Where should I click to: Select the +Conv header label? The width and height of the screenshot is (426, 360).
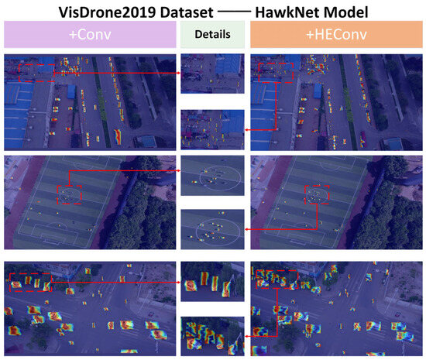tap(91, 36)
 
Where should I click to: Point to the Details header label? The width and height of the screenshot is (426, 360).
tap(212, 36)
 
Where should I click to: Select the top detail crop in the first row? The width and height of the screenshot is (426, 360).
tap(212, 74)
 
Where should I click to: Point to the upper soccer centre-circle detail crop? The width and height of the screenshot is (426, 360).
tap(212, 177)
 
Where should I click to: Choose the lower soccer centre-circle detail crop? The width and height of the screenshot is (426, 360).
tap(212, 229)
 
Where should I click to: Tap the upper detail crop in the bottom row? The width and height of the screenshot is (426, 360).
tap(212, 283)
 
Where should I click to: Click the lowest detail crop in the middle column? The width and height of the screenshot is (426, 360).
tap(212, 335)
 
